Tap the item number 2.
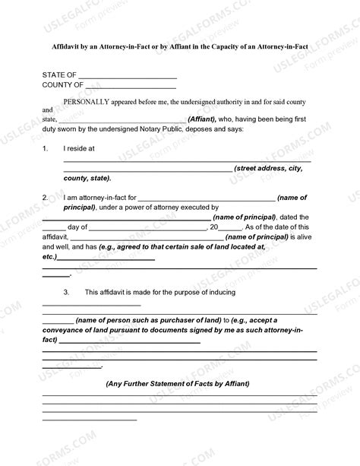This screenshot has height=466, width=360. [45, 197]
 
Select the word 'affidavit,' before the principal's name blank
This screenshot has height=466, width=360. [56, 237]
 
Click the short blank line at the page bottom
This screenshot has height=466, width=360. [90, 419]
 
